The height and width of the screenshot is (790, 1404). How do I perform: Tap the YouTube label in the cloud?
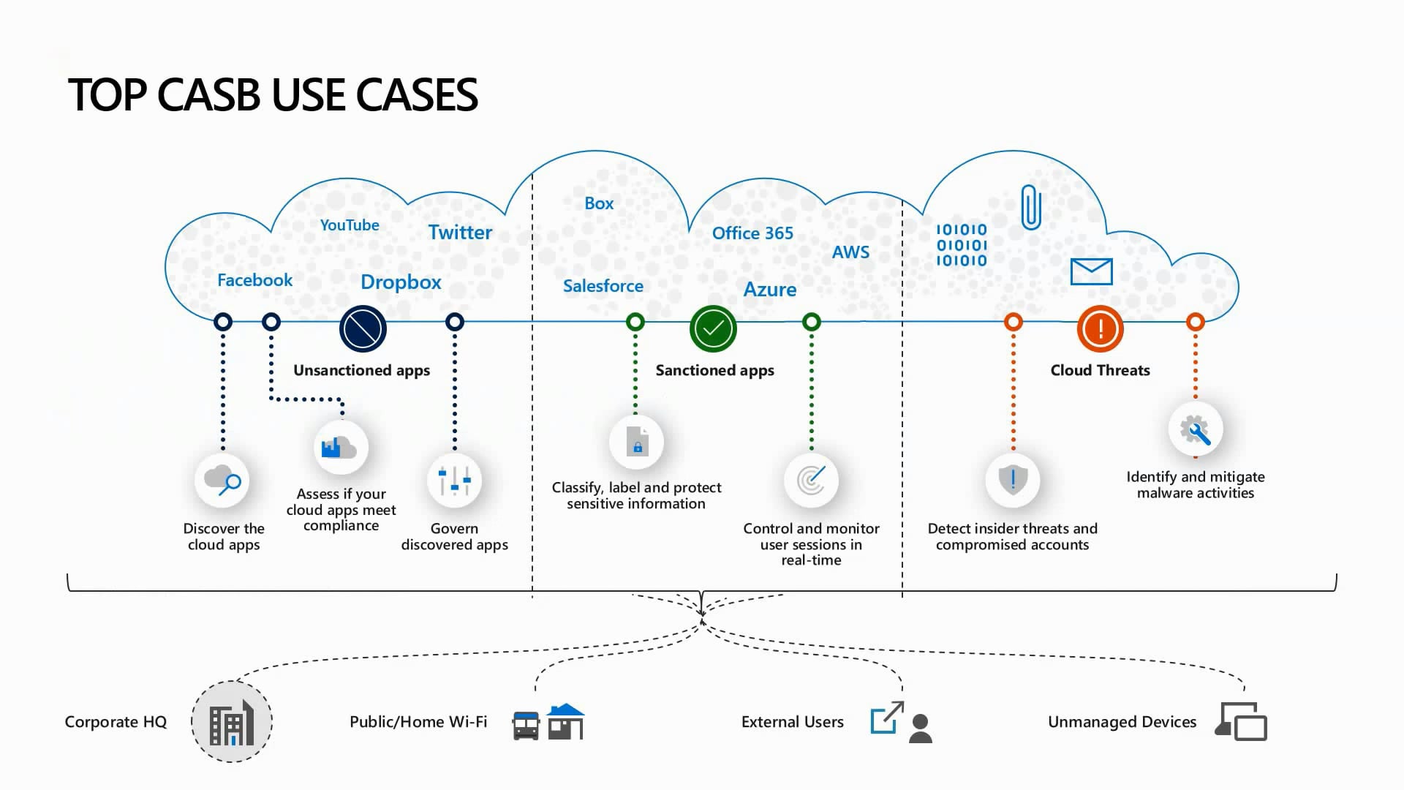click(350, 225)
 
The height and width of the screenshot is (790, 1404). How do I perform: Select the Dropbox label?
click(401, 282)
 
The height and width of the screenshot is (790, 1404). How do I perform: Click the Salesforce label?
click(603, 286)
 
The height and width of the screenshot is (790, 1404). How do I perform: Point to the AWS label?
click(850, 252)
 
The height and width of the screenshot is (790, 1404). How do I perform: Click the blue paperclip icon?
click(1030, 207)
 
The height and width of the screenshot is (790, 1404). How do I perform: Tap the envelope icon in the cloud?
click(1091, 271)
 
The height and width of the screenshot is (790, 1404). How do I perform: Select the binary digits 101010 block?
click(962, 245)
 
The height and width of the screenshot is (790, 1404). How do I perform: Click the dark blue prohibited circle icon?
click(363, 328)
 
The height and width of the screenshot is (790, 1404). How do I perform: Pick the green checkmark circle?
click(713, 328)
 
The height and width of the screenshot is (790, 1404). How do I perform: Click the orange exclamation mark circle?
click(1100, 328)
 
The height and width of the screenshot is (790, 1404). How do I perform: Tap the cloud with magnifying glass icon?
click(222, 481)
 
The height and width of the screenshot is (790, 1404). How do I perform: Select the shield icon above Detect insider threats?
click(1013, 480)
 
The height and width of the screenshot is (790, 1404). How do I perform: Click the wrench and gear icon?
click(1195, 429)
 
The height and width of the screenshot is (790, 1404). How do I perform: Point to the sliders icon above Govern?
click(454, 481)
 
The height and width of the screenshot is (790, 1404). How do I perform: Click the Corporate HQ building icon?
click(231, 722)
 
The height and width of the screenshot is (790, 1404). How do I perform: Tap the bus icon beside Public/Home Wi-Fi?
click(526, 725)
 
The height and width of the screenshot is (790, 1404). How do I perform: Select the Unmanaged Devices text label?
click(1122, 722)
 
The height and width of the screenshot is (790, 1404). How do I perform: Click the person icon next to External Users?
click(921, 729)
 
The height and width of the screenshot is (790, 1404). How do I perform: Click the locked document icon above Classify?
click(637, 442)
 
